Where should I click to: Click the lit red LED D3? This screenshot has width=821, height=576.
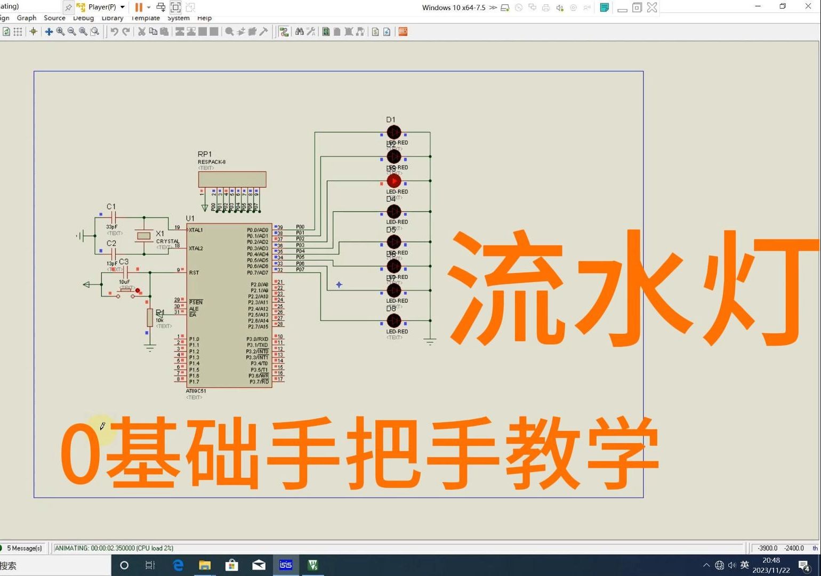(394, 181)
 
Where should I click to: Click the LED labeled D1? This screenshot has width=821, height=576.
(394, 132)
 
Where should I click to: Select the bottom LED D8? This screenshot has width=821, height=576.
(394, 321)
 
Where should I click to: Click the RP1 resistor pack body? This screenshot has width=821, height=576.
(232, 179)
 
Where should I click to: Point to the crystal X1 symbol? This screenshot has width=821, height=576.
(143, 236)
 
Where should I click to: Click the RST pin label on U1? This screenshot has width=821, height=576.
(194, 273)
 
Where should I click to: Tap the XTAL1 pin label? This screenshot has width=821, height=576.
(196, 230)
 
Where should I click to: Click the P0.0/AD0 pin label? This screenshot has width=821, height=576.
(257, 230)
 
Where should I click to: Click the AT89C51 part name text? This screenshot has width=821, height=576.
(196, 391)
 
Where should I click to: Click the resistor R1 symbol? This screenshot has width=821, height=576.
(150, 317)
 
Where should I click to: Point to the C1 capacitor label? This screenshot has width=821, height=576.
(111, 207)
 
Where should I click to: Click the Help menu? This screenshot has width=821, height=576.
(204, 18)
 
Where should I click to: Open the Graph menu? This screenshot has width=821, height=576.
(27, 18)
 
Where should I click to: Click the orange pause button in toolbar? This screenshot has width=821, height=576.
(139, 7)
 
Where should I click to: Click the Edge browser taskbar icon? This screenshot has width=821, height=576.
(178, 565)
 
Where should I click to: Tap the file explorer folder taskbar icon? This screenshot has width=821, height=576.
(205, 565)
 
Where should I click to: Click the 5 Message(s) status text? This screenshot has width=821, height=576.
(24, 548)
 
